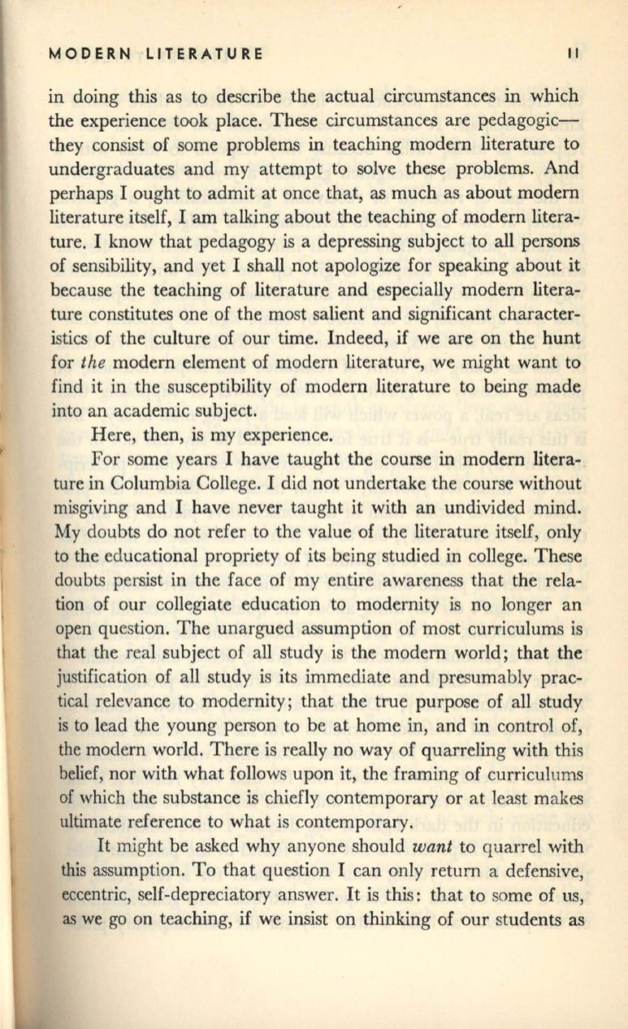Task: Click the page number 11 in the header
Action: click(x=573, y=54)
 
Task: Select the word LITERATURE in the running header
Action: click(x=204, y=54)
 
